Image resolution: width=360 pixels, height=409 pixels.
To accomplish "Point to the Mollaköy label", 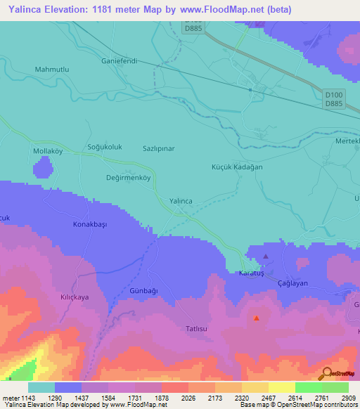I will tap(49, 151).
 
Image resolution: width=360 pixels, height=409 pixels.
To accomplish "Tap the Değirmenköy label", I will tap(128, 178).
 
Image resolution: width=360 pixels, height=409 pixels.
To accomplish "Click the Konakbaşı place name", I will tap(90, 224).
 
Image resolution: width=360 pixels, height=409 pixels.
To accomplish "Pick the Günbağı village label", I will tap(145, 291).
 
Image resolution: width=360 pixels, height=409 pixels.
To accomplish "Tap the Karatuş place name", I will tap(250, 273).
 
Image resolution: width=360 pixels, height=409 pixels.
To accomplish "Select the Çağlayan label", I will tap(292, 282).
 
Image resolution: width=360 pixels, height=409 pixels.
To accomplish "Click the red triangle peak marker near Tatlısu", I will tap(256, 318).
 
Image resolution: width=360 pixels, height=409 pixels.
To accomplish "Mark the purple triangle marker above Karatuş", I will tap(265, 257).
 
